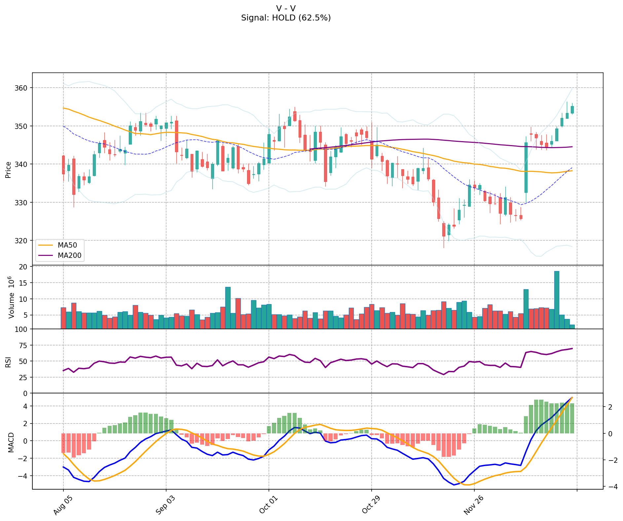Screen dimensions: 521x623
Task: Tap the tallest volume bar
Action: coord(557,300)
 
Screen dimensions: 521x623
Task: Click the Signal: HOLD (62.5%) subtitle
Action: coord(286,18)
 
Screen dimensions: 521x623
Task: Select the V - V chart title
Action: coord(286,8)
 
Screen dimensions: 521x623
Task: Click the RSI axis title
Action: coord(8,362)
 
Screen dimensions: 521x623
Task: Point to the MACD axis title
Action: coord(11,442)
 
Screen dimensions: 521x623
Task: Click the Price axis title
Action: coord(8,170)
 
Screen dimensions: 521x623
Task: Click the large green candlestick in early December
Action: coord(526,168)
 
